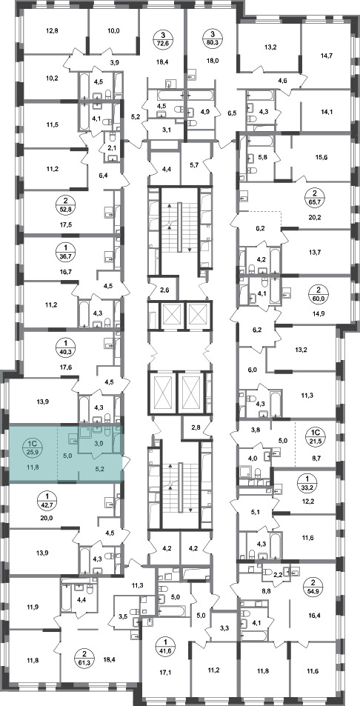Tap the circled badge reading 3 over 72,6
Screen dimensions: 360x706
pos(163,39)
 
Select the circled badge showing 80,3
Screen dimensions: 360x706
pos(213,39)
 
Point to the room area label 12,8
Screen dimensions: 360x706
pos(52,31)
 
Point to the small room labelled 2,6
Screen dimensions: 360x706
pos(164,290)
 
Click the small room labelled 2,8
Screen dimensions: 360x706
pos(196,427)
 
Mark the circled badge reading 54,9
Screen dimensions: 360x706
pos(324,587)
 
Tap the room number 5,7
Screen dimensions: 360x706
pos(194,164)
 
